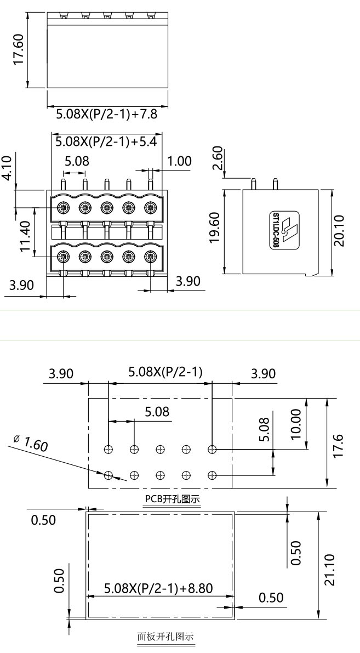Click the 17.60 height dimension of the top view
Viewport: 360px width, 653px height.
point(19,50)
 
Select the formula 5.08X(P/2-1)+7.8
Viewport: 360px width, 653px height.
point(107,115)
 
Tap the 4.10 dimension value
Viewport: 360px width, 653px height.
point(7,168)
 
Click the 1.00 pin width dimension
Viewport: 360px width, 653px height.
point(179,161)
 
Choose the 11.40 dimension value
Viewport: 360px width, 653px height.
point(24,237)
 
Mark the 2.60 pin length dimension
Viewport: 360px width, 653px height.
point(217,158)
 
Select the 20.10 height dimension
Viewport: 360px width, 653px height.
point(340,230)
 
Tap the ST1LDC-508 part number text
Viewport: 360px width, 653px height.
point(276,230)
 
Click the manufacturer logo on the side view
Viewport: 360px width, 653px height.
point(288,229)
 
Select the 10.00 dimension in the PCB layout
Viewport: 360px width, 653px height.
point(296,424)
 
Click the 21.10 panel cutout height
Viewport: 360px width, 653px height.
point(329,569)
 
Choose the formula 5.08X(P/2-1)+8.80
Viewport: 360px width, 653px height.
point(158,588)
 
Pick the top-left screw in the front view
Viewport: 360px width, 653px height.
point(63,208)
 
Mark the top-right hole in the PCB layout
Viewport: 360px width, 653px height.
point(212,450)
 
